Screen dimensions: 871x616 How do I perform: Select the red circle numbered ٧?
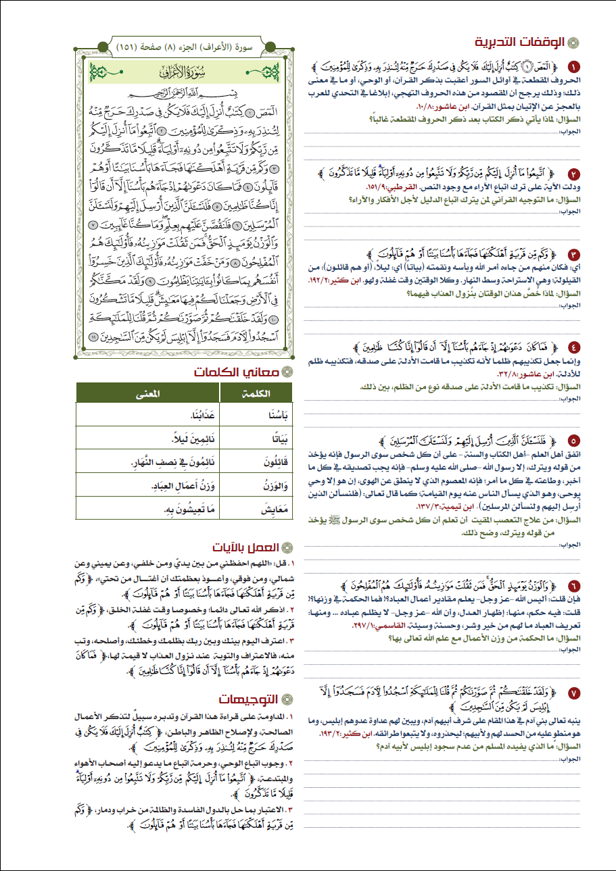tap(574, 693)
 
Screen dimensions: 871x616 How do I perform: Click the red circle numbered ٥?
tap(574, 439)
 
